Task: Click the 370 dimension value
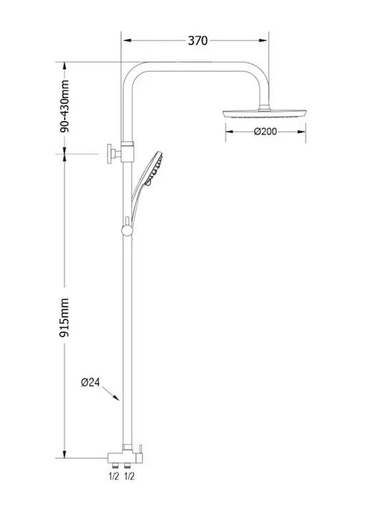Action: click(x=197, y=41)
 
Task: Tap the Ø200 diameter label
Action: click(x=265, y=131)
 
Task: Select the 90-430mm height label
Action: click(x=64, y=106)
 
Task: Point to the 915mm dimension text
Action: click(x=64, y=317)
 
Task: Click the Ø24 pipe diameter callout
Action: click(x=90, y=382)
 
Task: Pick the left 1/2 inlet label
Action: click(x=114, y=476)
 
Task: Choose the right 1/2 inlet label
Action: click(x=129, y=476)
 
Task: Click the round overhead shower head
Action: click(x=264, y=114)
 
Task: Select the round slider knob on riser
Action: click(x=127, y=231)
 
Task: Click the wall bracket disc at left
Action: click(x=109, y=153)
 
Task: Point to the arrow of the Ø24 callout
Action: click(x=110, y=393)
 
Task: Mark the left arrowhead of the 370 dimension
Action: click(x=127, y=40)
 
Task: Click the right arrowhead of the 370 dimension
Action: click(x=263, y=40)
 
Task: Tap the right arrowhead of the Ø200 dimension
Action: click(x=302, y=132)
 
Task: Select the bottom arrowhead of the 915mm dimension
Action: click(x=64, y=454)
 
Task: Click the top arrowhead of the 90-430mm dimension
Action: click(x=64, y=66)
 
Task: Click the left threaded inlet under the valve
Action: click(x=114, y=465)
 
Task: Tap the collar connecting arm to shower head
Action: click(x=264, y=108)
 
